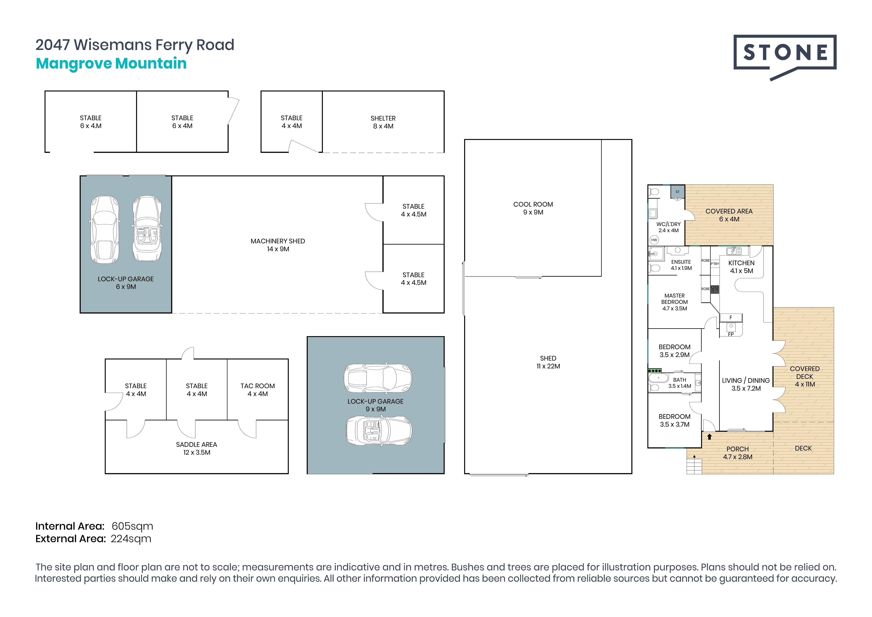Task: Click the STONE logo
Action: [785, 53]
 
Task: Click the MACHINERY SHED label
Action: [278, 245]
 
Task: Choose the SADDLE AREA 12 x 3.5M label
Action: [196, 448]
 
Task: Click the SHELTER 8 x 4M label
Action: [383, 122]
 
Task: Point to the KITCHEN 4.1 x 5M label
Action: [741, 267]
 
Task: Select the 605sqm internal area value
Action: [132, 526]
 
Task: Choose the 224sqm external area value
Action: [131, 539]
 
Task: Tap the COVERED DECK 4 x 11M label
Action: [804, 376]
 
